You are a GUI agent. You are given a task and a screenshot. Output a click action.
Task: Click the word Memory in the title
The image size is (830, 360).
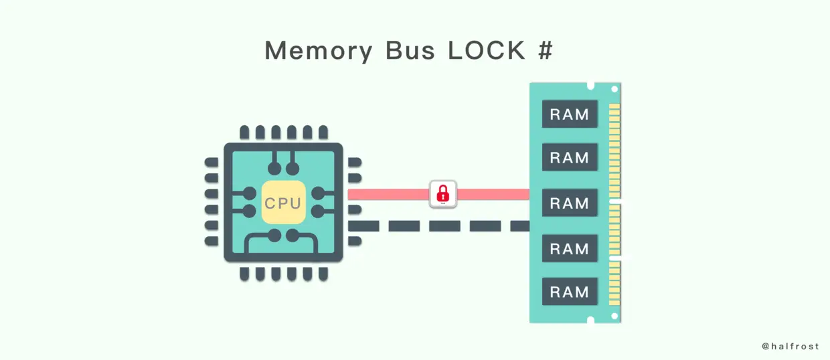click(319, 51)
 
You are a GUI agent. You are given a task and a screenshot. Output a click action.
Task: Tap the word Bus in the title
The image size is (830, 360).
click(410, 50)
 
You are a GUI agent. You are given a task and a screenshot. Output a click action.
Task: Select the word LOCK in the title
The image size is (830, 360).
click(487, 50)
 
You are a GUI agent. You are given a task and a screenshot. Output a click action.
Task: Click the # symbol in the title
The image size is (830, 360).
click(546, 50)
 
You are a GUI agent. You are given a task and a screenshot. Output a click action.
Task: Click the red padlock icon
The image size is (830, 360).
click(443, 194)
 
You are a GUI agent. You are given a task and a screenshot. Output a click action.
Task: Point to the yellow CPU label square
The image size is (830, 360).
click(283, 202)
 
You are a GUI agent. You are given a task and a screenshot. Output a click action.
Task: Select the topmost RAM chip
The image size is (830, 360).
click(570, 114)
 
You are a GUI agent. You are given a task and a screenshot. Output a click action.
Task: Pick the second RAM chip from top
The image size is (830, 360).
click(570, 157)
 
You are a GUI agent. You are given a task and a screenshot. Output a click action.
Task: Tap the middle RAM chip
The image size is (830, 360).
click(570, 203)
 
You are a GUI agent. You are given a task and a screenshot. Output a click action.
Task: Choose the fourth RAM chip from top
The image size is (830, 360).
click(570, 248)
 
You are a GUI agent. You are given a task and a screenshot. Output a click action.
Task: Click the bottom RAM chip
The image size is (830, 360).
click(570, 292)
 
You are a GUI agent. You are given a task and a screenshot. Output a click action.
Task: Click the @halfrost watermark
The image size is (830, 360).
click(790, 347)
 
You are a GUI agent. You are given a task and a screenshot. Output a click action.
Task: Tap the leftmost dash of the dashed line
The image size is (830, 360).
click(363, 226)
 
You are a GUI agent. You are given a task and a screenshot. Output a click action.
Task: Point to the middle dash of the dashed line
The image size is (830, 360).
click(444, 226)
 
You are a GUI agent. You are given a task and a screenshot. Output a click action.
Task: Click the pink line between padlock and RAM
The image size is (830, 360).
click(493, 195)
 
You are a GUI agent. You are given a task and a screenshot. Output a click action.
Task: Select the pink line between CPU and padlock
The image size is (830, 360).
click(389, 195)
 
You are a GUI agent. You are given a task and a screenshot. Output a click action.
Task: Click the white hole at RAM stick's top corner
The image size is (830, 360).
click(614, 89)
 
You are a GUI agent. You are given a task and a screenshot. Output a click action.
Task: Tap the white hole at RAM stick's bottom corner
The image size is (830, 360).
click(614, 316)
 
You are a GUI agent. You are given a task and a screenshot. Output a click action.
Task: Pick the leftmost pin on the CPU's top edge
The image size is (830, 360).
click(244, 132)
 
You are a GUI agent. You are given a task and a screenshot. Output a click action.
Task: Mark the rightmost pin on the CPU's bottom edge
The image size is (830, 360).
click(323, 274)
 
